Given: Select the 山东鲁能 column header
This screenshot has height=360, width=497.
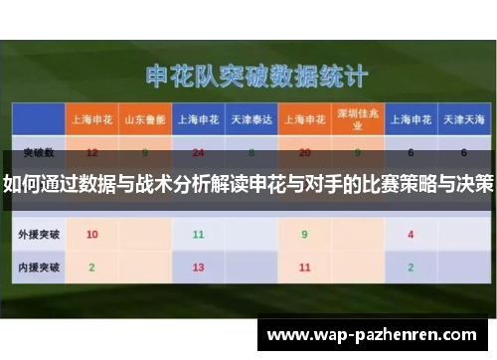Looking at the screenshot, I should pos(144,119).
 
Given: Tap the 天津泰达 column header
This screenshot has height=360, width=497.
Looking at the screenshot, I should pos(251,119).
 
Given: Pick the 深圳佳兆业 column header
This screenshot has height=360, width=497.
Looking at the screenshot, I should pos(358,119).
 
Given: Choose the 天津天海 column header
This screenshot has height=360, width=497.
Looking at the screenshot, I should pos(463,119).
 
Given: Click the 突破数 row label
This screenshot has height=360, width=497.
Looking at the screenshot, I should pos(38,153).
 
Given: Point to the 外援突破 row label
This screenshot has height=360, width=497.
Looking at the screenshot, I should pos(38,235).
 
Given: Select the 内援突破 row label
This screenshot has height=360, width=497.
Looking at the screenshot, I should pos(38,268).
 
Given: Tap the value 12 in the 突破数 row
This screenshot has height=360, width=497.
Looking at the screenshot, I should pos(91,153).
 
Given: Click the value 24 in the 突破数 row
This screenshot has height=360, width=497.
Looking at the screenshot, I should pos(198,153).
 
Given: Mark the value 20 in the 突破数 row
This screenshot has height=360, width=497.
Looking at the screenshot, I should pos(304,153).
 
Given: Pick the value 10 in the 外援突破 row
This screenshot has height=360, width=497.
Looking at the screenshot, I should pos(91,235).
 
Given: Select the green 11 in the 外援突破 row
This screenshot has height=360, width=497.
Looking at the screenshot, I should pos(198,235).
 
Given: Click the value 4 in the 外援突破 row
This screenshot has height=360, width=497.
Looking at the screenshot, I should pos(411,235).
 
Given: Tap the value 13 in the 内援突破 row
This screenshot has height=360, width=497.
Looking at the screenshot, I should pos(198,268).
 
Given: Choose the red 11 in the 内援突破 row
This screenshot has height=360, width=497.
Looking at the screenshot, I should pos(304,268).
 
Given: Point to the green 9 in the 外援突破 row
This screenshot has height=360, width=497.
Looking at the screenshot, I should pos(304,235).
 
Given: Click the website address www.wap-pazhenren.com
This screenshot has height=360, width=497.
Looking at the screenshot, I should pos(374,336).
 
